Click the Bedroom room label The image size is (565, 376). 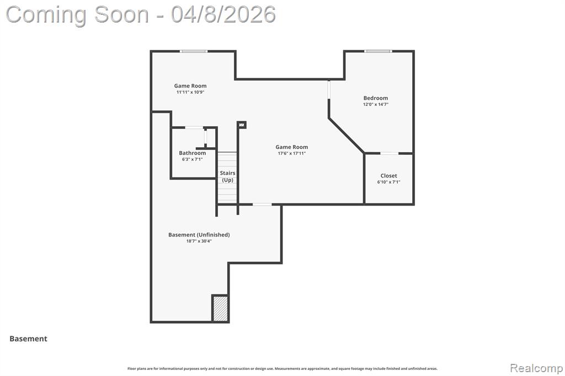pos(375,98)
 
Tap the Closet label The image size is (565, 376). pos(389,176)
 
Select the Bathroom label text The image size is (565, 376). pos(193,153)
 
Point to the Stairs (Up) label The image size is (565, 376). pos(227,176)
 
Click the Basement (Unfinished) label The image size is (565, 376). pos(199,235)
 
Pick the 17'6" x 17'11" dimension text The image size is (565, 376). pos(291,153)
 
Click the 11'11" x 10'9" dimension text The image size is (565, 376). pos(190,92)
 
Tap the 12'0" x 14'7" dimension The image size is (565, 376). pos(375,104)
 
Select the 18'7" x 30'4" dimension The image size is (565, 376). pos(199,241)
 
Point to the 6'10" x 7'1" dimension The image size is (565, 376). pos(389,182)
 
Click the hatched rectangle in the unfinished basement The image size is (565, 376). pos(220,308)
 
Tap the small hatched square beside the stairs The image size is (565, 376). pos(242,125)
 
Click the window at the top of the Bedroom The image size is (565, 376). pos(377,51)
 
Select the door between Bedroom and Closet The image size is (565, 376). pos(390,153)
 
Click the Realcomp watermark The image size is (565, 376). pos(536,368)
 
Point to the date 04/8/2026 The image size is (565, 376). pos(223,14)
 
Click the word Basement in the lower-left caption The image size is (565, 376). pos(29,339)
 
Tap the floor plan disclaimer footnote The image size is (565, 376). pos(282,368)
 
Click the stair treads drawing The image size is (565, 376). pos(227,178)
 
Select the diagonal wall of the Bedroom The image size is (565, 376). pos(347,135)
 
